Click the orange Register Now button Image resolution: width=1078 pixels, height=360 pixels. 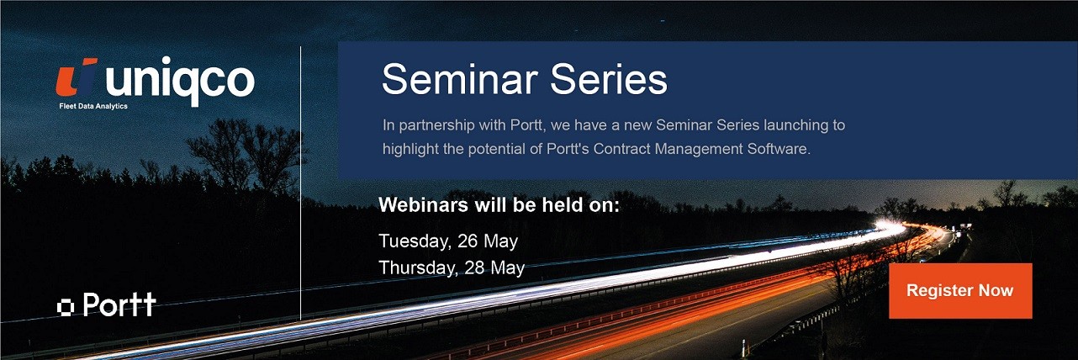960,291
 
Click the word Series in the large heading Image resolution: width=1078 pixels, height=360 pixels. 609,79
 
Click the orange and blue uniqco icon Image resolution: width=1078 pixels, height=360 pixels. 77,77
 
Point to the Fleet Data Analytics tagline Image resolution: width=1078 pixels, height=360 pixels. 93,106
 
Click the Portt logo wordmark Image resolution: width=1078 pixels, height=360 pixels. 119,304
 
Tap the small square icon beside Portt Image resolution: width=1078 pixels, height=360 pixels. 65,307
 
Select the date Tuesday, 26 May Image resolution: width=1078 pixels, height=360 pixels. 448,241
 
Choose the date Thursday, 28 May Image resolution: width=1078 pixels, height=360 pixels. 452,267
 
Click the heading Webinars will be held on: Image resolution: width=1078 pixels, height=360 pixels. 499,205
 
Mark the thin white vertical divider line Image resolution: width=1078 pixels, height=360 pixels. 301,183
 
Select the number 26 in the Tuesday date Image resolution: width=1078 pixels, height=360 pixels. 468,241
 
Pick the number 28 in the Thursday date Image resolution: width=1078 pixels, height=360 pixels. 474,267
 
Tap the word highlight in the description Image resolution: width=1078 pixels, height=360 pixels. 410,149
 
